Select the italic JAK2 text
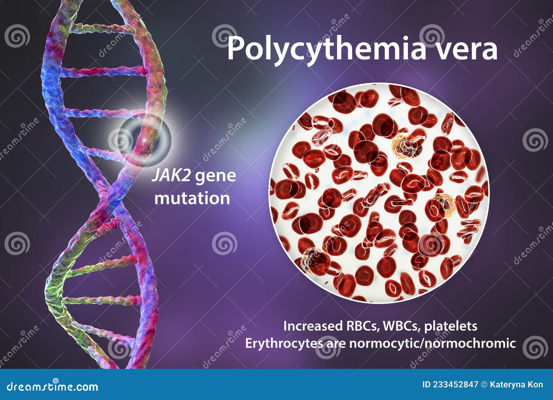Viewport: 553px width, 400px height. point(171,176)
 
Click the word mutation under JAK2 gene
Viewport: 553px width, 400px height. point(192,198)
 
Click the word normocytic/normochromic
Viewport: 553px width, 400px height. point(432,344)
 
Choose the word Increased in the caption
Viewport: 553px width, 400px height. point(311,326)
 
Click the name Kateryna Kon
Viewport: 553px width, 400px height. point(516,385)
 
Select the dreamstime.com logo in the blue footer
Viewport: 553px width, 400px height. point(52,386)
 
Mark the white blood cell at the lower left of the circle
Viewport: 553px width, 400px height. point(315,261)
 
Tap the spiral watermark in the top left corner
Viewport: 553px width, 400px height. point(17,36)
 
